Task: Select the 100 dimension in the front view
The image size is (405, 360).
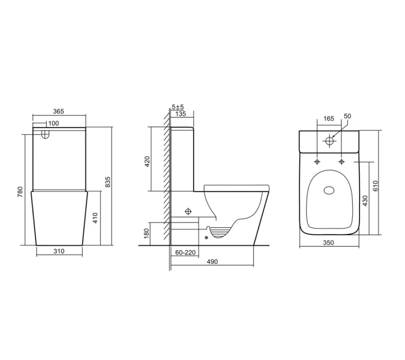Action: (x=53, y=123)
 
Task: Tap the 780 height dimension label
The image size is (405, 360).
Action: (x=20, y=191)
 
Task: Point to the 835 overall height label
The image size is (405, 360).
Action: (x=108, y=182)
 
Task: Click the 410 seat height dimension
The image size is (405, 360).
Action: (x=95, y=218)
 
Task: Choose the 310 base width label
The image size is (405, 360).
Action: (x=58, y=251)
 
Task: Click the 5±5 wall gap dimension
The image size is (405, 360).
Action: (x=178, y=107)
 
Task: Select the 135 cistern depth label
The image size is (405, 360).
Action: (x=179, y=113)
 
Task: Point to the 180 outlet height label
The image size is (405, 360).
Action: (x=148, y=233)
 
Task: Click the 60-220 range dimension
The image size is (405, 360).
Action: (x=185, y=253)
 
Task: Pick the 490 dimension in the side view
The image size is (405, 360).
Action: (x=212, y=262)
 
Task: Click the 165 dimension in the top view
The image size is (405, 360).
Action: (x=329, y=119)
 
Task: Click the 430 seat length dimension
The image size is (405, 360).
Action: (x=365, y=200)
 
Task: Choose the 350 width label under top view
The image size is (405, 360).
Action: (x=328, y=243)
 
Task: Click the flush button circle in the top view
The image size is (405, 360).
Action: (x=329, y=142)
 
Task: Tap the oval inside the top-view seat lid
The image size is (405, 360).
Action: (x=329, y=191)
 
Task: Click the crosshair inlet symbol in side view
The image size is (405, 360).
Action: (x=187, y=211)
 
